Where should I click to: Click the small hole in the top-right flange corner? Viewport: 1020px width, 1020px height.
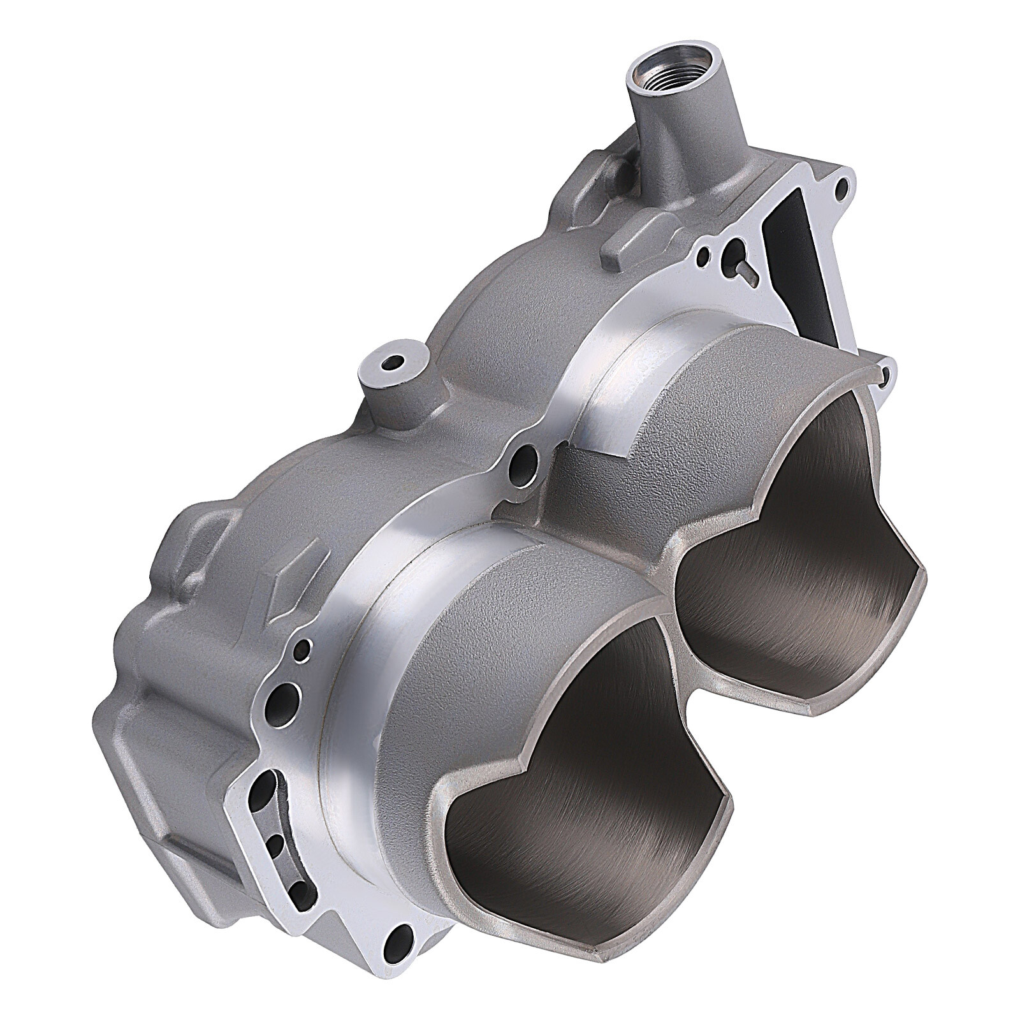pos(842,187)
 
